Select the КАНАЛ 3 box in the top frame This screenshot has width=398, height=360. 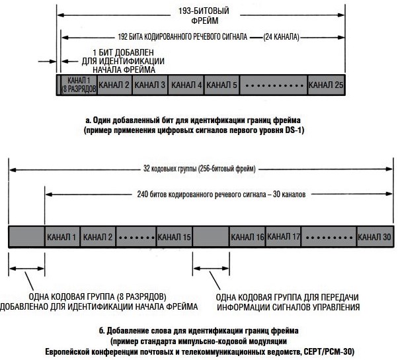(x=150, y=85)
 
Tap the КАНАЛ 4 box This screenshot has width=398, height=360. (x=186, y=85)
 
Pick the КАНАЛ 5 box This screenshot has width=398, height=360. (x=221, y=85)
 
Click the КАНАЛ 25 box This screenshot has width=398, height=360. (x=326, y=85)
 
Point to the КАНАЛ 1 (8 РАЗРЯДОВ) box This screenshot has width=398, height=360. (x=79, y=85)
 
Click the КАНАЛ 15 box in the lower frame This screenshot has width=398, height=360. (x=175, y=236)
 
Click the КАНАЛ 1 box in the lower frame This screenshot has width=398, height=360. (x=62, y=236)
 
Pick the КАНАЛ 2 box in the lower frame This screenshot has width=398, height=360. (x=99, y=236)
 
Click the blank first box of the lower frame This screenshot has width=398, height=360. (x=26, y=236)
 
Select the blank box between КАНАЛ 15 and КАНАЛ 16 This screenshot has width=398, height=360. (x=210, y=236)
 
